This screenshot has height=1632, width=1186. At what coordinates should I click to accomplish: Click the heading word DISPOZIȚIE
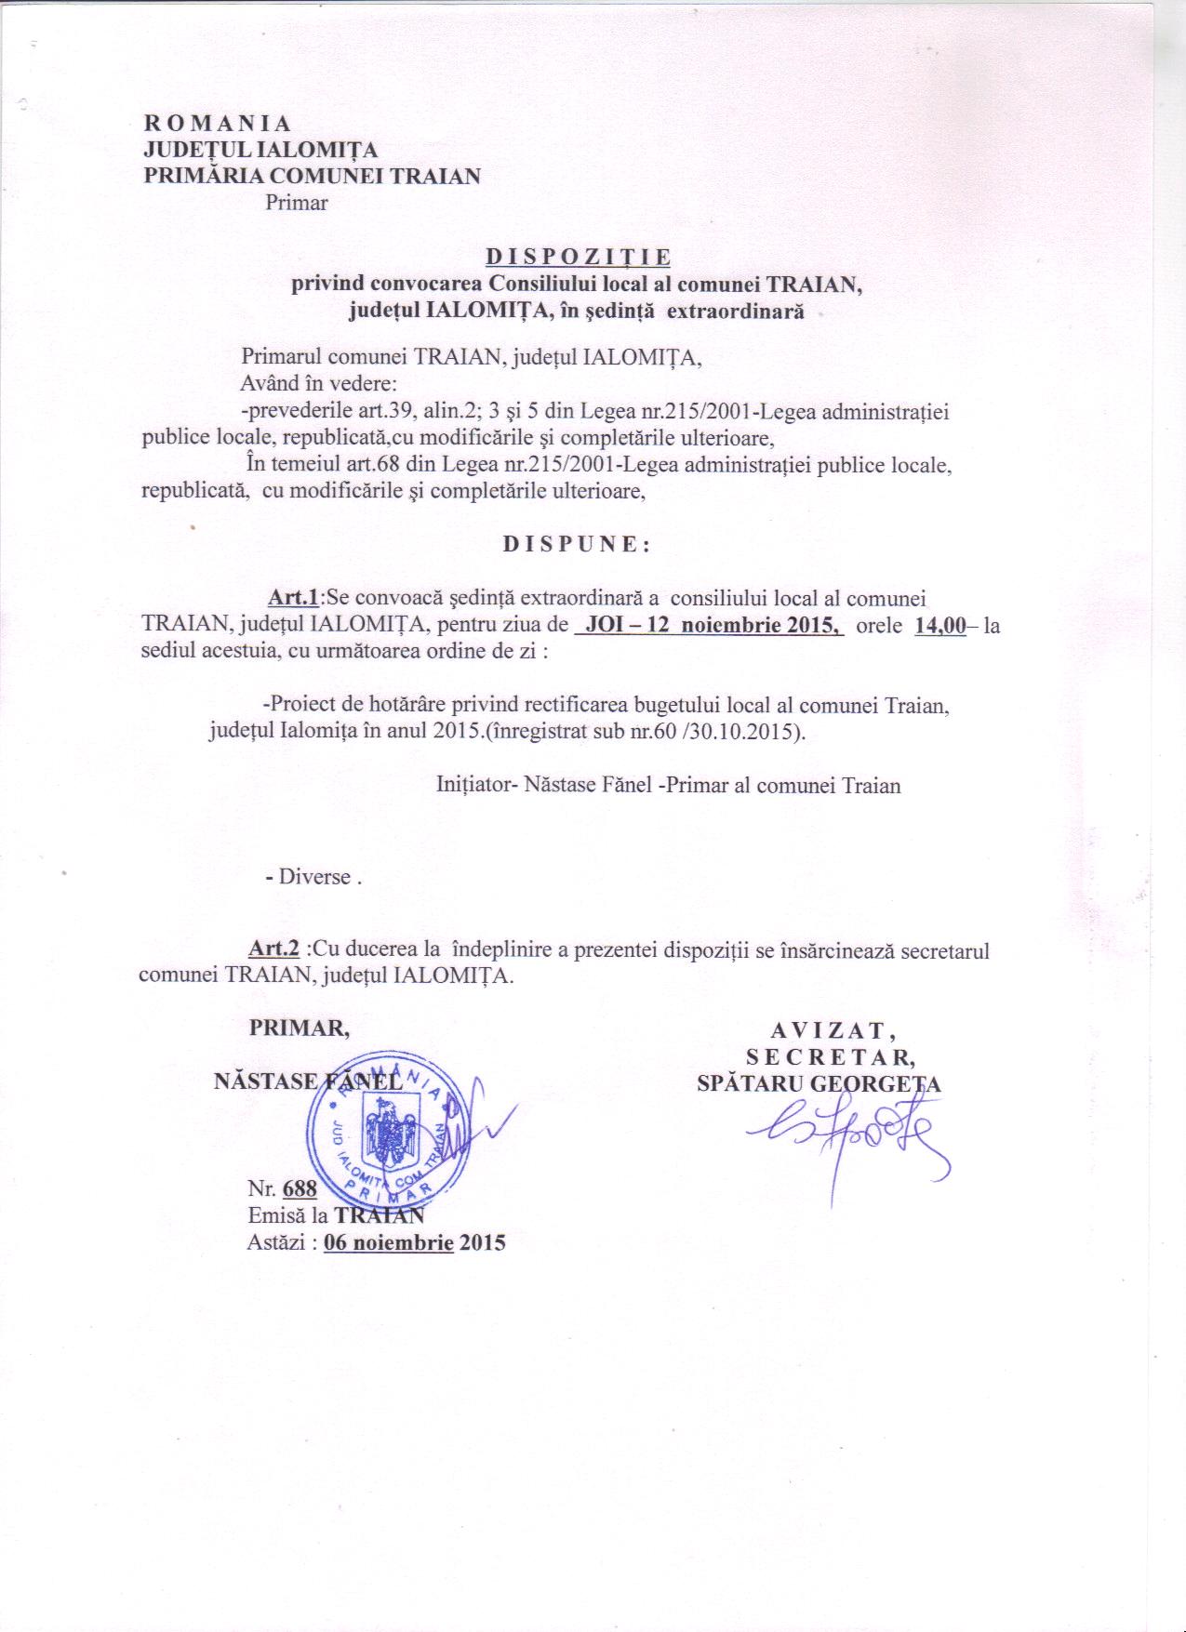pos(577,256)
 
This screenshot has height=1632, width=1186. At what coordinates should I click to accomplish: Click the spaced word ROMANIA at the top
pos(217,124)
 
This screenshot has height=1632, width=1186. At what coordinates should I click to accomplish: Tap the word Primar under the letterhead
pos(296,203)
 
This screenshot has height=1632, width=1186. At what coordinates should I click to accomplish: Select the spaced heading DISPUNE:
pos(577,546)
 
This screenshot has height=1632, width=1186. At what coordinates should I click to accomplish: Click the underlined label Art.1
pos(294,596)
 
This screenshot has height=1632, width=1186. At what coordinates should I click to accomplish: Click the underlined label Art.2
pos(273,950)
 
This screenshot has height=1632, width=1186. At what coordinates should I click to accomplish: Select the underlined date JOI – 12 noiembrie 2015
pos(710,625)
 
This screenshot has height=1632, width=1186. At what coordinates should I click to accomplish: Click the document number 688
pos(301,1189)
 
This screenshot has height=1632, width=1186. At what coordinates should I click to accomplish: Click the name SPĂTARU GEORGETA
pos(819,1084)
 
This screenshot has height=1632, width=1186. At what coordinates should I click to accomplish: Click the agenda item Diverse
pos(314,877)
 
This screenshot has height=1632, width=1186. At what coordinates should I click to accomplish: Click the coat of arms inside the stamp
pos(383,1132)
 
